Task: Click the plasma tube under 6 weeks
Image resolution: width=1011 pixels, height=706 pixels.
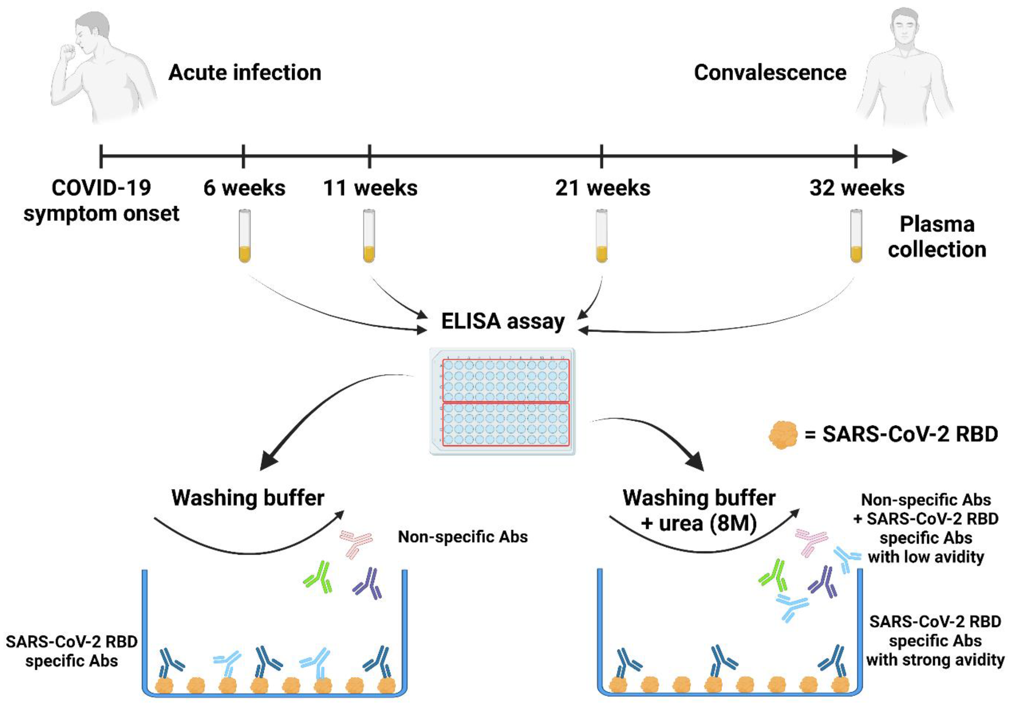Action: [x=245, y=236]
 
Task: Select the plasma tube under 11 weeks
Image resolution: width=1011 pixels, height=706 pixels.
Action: [x=369, y=236]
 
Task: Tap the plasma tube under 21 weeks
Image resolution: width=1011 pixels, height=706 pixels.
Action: [x=602, y=236]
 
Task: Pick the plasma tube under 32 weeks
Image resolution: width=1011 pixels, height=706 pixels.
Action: [x=856, y=236]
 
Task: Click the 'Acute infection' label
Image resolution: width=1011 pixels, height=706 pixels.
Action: [x=245, y=73]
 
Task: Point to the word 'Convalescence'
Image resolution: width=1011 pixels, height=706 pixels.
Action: [x=770, y=73]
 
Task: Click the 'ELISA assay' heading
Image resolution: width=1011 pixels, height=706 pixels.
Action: [x=503, y=321]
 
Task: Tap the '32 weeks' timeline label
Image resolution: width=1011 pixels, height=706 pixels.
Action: [x=857, y=188]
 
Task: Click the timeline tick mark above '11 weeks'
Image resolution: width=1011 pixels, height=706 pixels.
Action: [x=369, y=156]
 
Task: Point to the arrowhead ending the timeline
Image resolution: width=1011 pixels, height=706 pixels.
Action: [x=899, y=156]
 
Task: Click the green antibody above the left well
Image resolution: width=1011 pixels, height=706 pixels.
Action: [x=318, y=577]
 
